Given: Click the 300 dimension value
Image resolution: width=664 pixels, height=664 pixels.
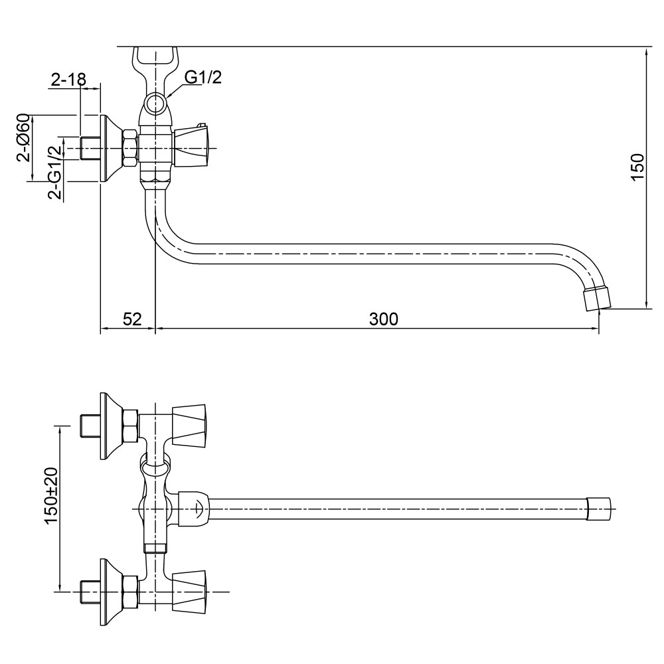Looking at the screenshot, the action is click(x=383, y=319).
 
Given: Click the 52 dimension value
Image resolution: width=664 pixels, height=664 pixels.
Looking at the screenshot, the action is click(x=132, y=319).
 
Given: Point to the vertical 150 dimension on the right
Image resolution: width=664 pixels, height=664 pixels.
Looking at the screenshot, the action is click(x=637, y=167).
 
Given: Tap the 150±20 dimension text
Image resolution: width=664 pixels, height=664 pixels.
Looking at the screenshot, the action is click(x=51, y=495).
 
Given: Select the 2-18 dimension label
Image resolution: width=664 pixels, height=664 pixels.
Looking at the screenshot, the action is click(x=68, y=79).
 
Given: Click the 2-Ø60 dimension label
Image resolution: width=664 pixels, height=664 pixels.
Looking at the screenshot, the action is click(x=24, y=137).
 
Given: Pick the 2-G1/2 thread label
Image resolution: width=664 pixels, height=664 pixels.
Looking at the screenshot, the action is click(x=55, y=173).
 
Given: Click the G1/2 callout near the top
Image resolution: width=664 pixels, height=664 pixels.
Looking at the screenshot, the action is click(x=203, y=77).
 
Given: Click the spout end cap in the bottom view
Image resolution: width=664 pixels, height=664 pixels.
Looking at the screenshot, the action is click(x=599, y=509).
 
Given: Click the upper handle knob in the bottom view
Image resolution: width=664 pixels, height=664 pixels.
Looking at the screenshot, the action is click(x=189, y=425).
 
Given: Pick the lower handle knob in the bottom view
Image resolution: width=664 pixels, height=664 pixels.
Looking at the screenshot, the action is click(x=189, y=592).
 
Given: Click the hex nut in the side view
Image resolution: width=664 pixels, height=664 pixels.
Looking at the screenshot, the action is click(x=130, y=148).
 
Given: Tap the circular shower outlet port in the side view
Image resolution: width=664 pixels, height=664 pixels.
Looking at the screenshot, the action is click(x=155, y=104).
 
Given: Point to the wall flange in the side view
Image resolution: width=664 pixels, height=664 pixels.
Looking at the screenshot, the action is click(x=111, y=148).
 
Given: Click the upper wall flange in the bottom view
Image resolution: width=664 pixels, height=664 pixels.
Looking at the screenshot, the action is click(x=111, y=426).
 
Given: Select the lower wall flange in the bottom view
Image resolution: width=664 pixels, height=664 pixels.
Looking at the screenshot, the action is click(x=111, y=592).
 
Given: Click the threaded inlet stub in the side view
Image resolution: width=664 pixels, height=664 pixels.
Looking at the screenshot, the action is click(x=90, y=148).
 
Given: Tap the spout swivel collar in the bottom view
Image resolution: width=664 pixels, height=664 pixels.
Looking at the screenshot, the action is click(x=193, y=509).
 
